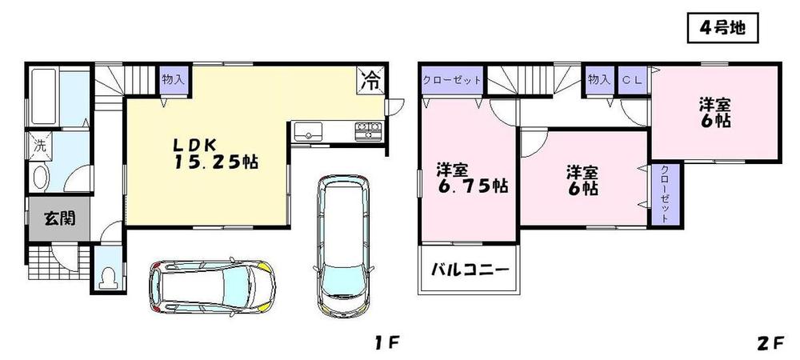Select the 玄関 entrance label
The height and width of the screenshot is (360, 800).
[60, 218]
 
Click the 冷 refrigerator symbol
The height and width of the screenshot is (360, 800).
[370, 78]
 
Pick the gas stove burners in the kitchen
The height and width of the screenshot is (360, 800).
[368, 130]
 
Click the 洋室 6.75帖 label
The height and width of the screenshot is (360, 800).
[470, 178]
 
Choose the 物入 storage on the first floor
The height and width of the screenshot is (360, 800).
[172, 79]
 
